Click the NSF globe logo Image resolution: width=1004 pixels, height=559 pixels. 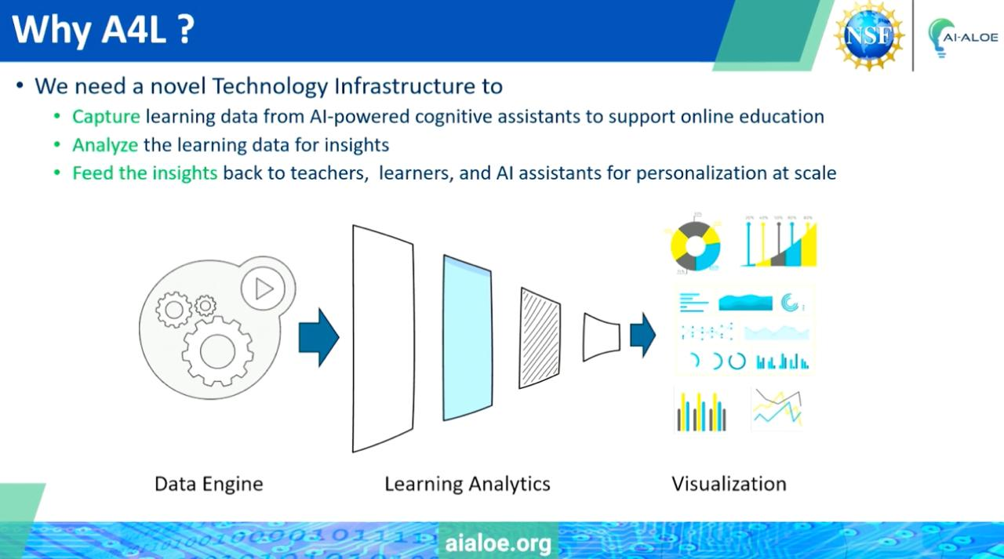coord(869,35)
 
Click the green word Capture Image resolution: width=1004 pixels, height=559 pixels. coord(106,117)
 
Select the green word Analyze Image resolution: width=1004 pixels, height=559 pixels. coord(105,145)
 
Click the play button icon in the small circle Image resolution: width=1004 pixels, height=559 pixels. coord(264,289)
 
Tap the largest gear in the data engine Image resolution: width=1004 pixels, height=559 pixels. coord(217,351)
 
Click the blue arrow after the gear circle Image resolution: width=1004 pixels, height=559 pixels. coord(318,337)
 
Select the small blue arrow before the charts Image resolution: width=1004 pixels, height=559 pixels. coord(642,335)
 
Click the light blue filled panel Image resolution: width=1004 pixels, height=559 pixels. coord(467,338)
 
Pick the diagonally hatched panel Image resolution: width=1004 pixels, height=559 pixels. coord(540,338)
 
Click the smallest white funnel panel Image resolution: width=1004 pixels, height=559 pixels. coord(602,337)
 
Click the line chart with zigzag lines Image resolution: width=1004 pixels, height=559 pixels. coord(777,408)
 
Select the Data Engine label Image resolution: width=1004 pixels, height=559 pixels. coord(209,485)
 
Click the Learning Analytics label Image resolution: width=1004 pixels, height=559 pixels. coord(467,485)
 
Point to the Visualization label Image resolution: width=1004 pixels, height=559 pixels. coord(729,484)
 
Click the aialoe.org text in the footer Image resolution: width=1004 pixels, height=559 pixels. coord(498,543)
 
